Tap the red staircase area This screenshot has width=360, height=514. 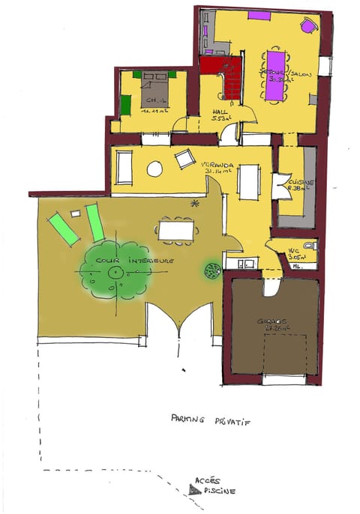(x=222, y=76)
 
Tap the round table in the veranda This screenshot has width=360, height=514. (x=154, y=169)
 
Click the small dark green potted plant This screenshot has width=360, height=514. (x=211, y=270)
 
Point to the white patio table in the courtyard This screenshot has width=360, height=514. (x=178, y=230)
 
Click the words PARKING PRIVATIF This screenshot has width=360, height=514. (x=210, y=421)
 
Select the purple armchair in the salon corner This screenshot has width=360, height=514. (x=308, y=27)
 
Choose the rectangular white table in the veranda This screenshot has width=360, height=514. (x=249, y=180)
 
